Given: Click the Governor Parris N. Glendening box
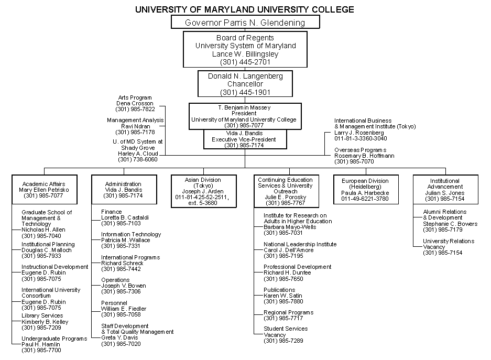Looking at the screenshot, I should (x=245, y=22).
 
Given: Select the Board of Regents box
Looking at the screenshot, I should (x=245, y=49).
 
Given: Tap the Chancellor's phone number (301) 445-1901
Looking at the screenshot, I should (x=245, y=92).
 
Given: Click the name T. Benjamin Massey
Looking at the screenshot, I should (x=245, y=107).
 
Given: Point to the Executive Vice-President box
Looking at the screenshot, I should (x=245, y=139).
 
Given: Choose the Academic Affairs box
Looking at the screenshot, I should (x=44, y=190).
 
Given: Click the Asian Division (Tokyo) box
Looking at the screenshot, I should (x=203, y=191).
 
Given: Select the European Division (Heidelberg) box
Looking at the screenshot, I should (x=365, y=190).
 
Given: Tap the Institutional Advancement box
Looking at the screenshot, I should (x=444, y=190).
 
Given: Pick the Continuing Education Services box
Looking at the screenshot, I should (x=285, y=191).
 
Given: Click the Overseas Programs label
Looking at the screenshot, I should (x=361, y=150).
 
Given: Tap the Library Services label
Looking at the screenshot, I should (x=42, y=316).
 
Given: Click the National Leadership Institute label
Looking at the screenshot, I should (x=300, y=244).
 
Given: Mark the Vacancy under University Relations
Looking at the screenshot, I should (x=434, y=247).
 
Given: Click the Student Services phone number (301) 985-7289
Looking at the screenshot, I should (x=283, y=341).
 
